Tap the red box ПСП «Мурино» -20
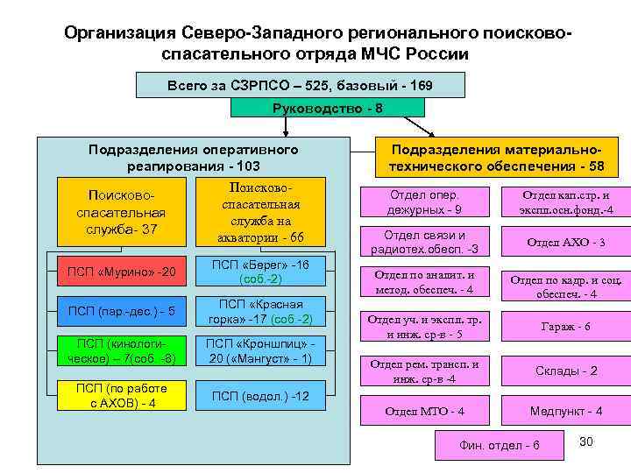(121, 272)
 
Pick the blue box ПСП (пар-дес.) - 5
(121, 311)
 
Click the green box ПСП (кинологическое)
(121, 350)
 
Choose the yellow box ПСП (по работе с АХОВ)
(121, 395)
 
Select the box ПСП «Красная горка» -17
(261, 311)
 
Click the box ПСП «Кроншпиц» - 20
(261, 350)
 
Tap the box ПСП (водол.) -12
(261, 396)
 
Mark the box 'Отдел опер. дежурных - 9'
(425, 202)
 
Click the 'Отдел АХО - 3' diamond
(565, 243)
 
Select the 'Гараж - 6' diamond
(565, 326)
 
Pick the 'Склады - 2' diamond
(565, 371)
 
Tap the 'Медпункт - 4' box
(565, 411)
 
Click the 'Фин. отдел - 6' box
(500, 445)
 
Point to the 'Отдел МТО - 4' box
(425, 411)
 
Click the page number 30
(586, 441)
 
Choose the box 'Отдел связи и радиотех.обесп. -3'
(425, 243)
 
